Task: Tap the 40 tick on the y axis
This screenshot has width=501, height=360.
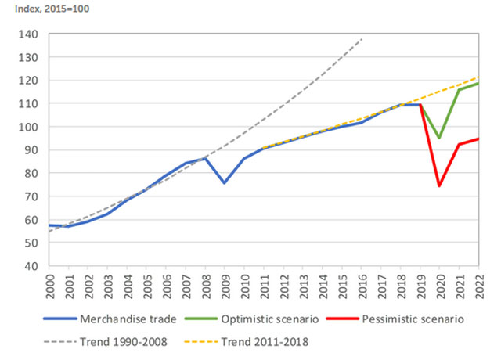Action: pyautogui.click(x=31, y=266)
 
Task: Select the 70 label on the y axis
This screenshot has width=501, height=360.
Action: pyautogui.click(x=31, y=196)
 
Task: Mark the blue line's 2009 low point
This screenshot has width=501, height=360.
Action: pyautogui.click(x=224, y=183)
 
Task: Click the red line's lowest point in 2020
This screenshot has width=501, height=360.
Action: pyautogui.click(x=439, y=186)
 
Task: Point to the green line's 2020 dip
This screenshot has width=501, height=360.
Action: pyautogui.click(x=439, y=138)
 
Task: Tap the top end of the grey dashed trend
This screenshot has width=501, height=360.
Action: pyautogui.click(x=362, y=38)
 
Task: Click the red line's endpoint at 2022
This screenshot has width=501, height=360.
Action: pyautogui.click(x=478, y=139)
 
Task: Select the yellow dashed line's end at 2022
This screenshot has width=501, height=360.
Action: pyautogui.click(x=478, y=77)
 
